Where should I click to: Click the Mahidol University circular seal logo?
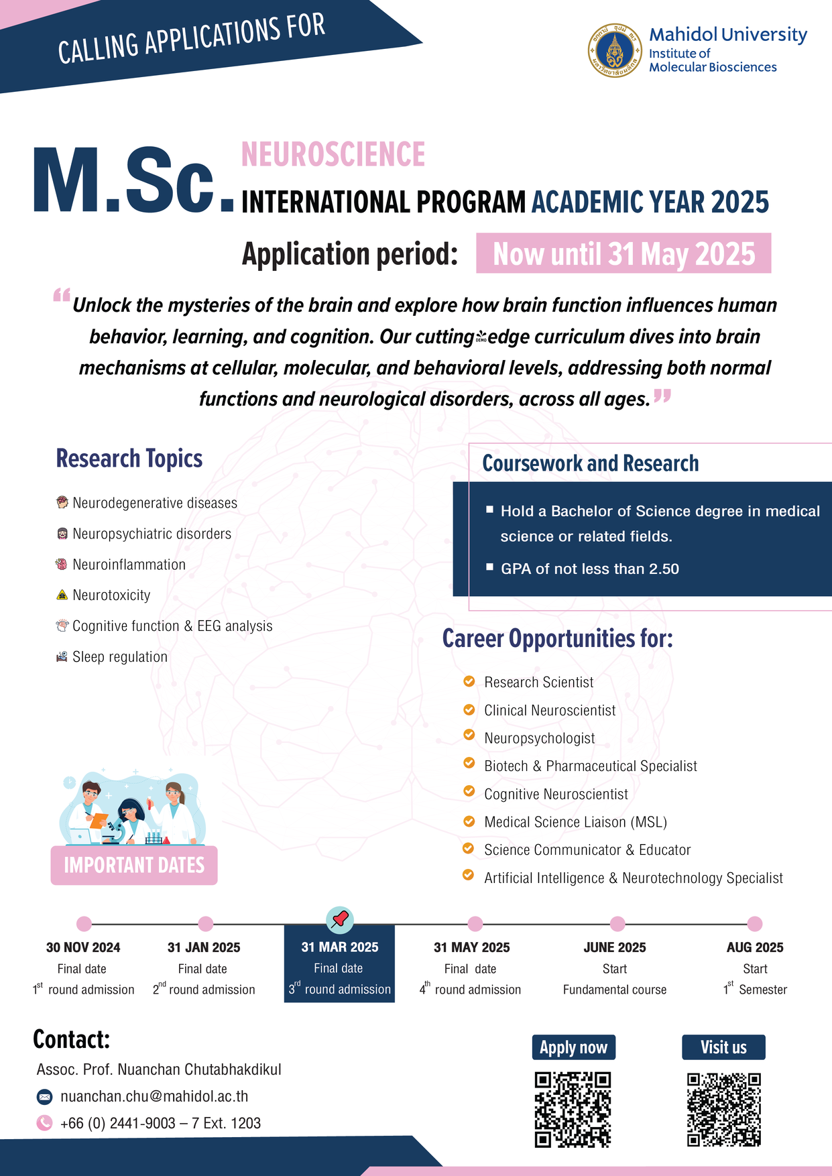[x=615, y=51]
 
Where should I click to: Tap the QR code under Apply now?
[x=573, y=1109]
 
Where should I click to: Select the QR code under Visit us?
[x=724, y=1109]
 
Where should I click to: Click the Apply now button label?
[x=573, y=1047]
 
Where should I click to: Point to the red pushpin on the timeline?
[x=340, y=919]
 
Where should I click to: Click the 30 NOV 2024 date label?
[x=83, y=947]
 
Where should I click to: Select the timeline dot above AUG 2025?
[x=754, y=924]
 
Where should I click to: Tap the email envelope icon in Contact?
[x=44, y=1097]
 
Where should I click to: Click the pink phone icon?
[x=44, y=1123]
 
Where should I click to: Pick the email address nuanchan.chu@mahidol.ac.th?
[x=154, y=1096]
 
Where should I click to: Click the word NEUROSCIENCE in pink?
[x=333, y=154]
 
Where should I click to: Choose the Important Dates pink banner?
[x=134, y=865]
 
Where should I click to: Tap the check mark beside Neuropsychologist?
[x=469, y=736]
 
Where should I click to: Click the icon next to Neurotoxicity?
[x=62, y=595]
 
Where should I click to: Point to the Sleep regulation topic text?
[x=120, y=657]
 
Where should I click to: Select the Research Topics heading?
[x=129, y=459]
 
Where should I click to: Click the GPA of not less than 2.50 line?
[x=590, y=569]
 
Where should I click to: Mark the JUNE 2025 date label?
[x=615, y=947]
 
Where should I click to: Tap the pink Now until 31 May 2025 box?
[x=623, y=253]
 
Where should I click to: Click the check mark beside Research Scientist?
[x=469, y=681]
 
